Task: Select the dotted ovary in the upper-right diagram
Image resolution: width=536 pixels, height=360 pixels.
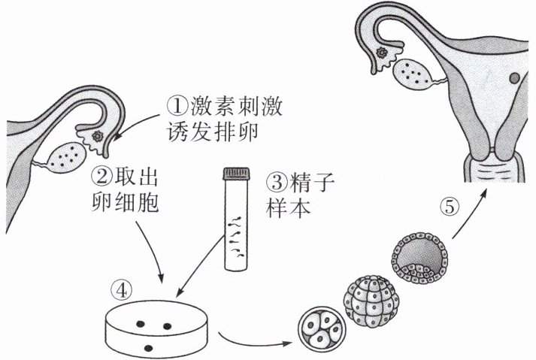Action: [x=413, y=72]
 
